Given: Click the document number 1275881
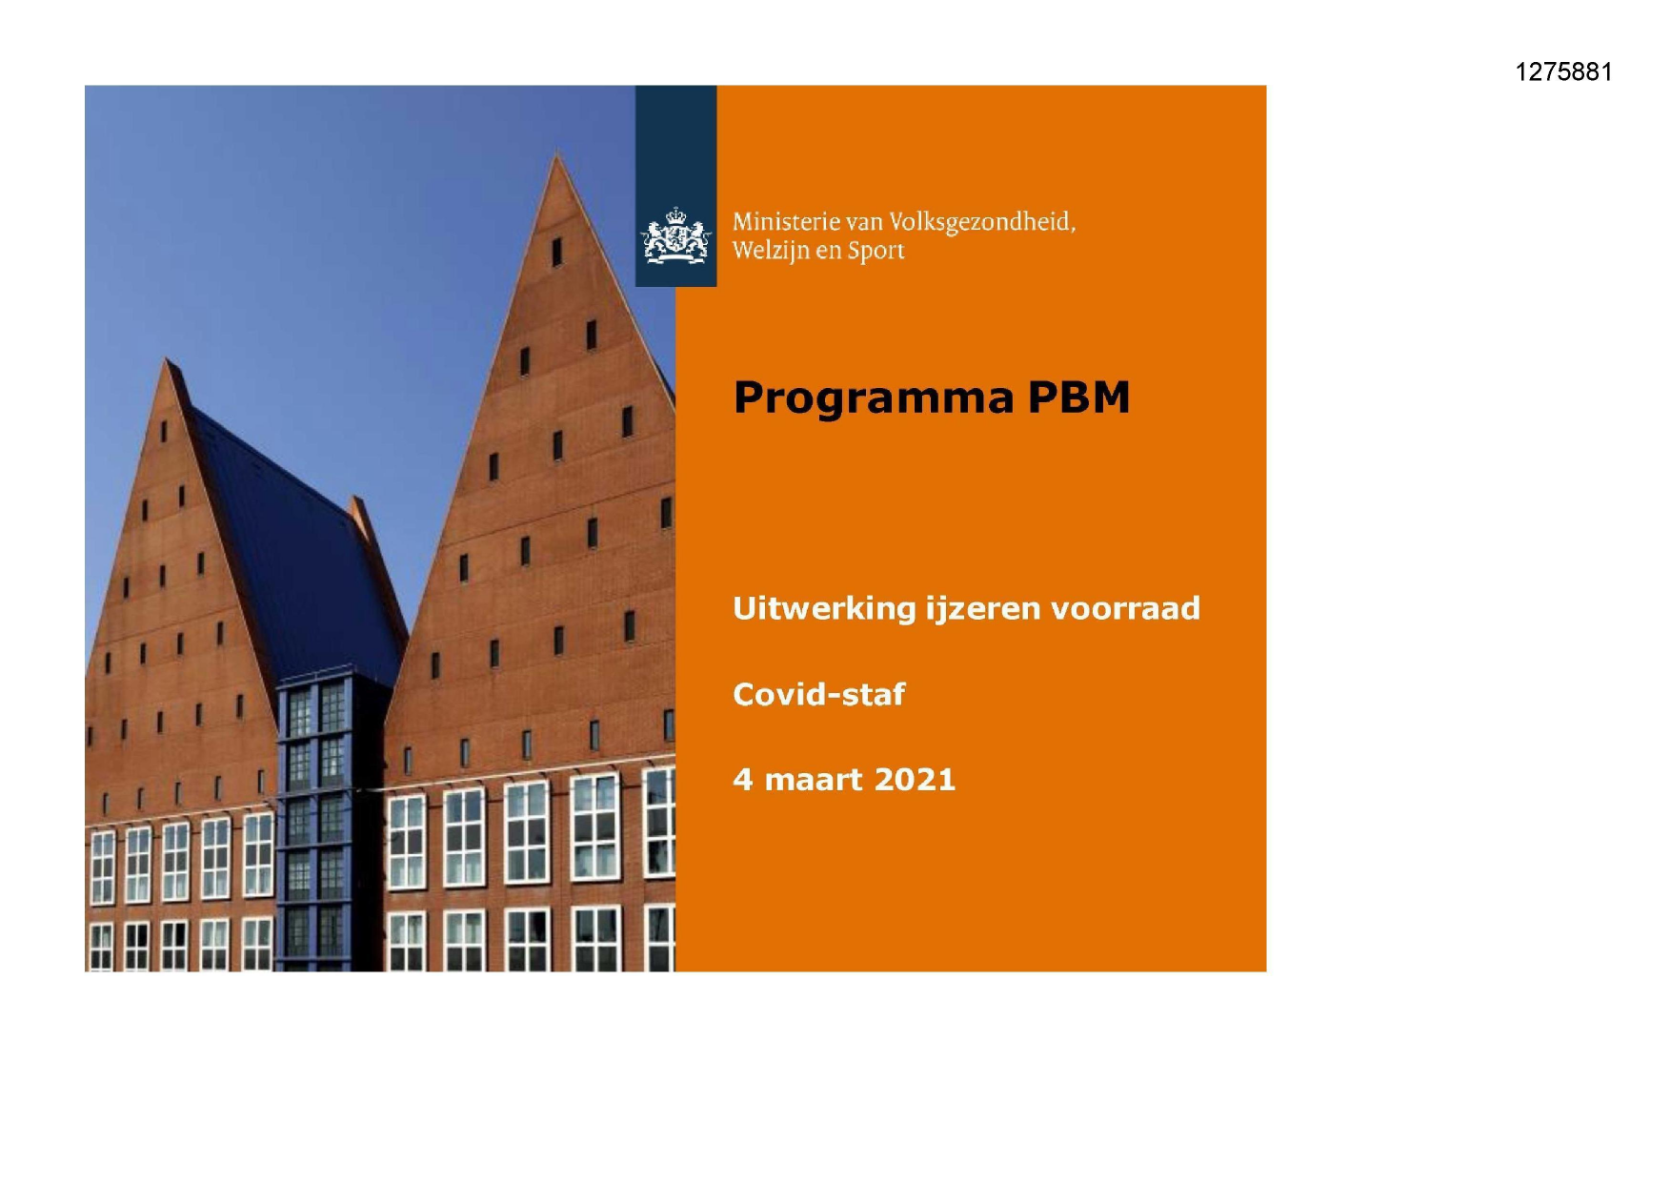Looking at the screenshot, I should click(x=1563, y=72).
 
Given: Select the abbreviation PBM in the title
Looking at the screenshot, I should click(x=1078, y=398).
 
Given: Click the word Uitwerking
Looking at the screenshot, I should click(x=823, y=608).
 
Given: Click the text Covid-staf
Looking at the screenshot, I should click(x=818, y=694).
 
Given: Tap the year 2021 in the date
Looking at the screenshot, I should click(x=914, y=780).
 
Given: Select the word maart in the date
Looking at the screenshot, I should click(x=813, y=780).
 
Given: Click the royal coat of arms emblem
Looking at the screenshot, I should click(x=675, y=236).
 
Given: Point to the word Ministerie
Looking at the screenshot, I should click(x=786, y=222).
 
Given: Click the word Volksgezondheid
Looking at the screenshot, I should click(x=981, y=223).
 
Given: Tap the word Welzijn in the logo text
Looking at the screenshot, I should click(x=770, y=251).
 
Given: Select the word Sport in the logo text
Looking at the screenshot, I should click(x=876, y=252).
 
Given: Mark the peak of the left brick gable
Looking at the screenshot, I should click(x=169, y=361).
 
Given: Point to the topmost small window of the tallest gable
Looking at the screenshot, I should click(x=557, y=252).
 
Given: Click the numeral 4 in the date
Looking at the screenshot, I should click(x=741, y=780).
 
